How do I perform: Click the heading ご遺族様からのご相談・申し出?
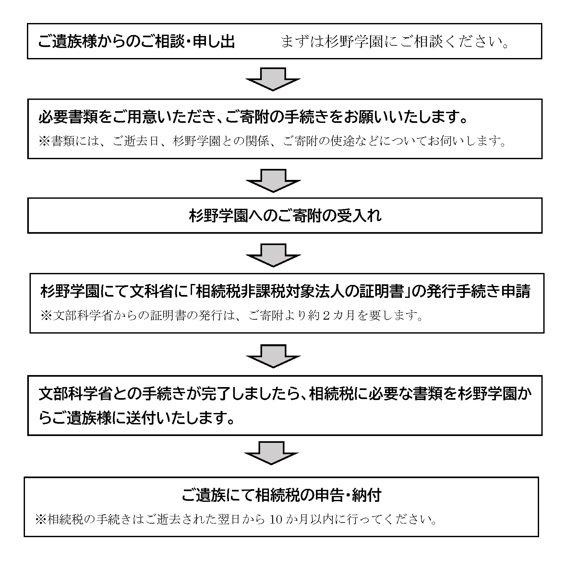click(x=136, y=42)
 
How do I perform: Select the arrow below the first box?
click(x=273, y=79)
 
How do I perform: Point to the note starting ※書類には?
click(x=272, y=141)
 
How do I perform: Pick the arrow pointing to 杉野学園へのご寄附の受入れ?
click(x=273, y=181)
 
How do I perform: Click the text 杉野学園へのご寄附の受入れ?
click(x=285, y=216)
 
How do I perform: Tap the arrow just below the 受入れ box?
click(x=273, y=255)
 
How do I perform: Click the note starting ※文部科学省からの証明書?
click(x=232, y=315)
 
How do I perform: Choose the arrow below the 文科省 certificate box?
click(x=273, y=356)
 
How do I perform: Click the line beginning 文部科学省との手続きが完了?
click(x=285, y=394)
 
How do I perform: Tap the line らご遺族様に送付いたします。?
click(x=136, y=419)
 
